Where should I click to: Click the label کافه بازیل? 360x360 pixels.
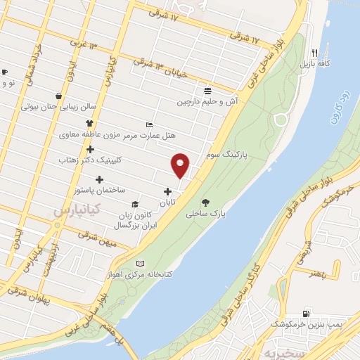[x=315, y=64]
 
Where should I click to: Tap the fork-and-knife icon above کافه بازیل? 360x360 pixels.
[x=315, y=53]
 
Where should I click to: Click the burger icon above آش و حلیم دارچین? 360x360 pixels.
[x=208, y=91]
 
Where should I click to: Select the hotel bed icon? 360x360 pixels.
[x=148, y=124]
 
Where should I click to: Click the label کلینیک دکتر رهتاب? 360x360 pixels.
[x=91, y=160]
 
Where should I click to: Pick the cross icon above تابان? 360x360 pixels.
[x=167, y=192]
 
